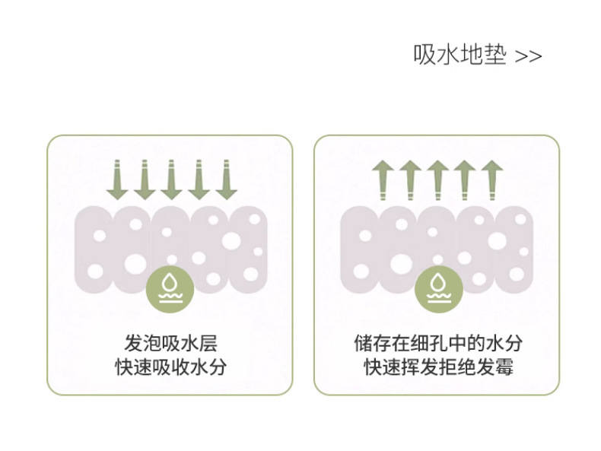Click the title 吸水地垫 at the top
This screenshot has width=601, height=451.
click(459, 56)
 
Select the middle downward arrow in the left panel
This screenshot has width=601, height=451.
click(170, 179)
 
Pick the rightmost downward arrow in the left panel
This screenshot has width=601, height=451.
click(223, 179)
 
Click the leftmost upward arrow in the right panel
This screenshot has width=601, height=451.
click(383, 179)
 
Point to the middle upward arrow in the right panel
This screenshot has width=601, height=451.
click(437, 179)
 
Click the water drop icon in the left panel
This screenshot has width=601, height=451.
click(170, 287)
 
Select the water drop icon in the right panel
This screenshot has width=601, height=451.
click(437, 287)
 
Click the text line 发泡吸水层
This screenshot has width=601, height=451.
click(170, 342)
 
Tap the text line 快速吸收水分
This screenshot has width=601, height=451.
click(170, 368)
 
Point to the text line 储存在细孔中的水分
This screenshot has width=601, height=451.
click(438, 342)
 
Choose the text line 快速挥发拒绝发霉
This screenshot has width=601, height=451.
click(438, 368)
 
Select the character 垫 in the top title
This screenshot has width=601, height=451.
click(494, 56)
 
